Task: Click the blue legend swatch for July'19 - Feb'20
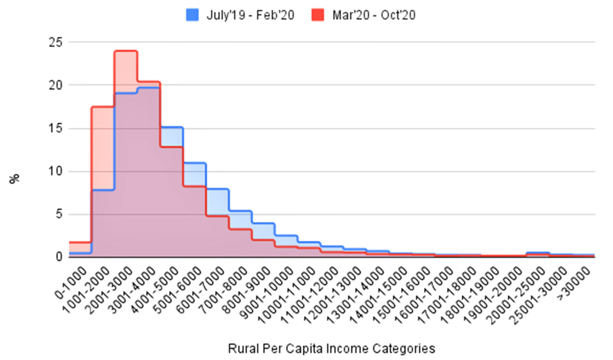(192, 16)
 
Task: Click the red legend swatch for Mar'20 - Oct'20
(317, 16)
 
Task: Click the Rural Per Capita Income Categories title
(331, 348)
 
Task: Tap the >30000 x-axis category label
(577, 282)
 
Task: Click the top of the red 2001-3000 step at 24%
(126, 51)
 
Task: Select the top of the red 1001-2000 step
(102, 107)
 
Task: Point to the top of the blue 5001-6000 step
(195, 163)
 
